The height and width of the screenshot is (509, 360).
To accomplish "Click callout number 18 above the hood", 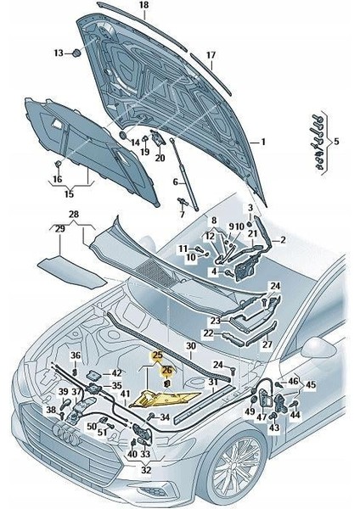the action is pyautogui.click(x=144, y=5).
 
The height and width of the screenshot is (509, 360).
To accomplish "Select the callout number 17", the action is pyautogui.click(x=211, y=55).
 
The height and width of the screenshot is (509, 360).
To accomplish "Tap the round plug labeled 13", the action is pyautogui.click(x=76, y=53).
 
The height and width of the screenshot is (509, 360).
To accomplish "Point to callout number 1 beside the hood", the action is pyautogui.click(x=263, y=142).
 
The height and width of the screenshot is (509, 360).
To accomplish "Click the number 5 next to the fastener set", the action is pyautogui.click(x=336, y=141).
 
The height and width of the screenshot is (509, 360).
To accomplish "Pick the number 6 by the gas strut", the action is pyautogui.click(x=176, y=182).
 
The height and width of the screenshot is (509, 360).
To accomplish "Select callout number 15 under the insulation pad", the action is pyautogui.click(x=70, y=194).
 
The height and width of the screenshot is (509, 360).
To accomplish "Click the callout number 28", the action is pyautogui.click(x=74, y=215).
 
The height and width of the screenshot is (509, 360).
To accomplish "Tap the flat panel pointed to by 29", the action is pyautogui.click(x=72, y=272).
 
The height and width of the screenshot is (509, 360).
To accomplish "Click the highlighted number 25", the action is pyautogui.click(x=158, y=355).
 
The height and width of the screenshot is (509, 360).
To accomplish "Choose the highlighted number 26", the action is pyautogui.click(x=166, y=370).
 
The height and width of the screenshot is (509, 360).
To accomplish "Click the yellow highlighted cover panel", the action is pyautogui.click(x=165, y=400).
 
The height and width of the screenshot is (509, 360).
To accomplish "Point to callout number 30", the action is pyautogui.click(x=191, y=346).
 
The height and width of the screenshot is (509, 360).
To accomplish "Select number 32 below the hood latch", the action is pyautogui.click(x=146, y=469).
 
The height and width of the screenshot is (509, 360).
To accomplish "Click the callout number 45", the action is pyautogui.click(x=311, y=384).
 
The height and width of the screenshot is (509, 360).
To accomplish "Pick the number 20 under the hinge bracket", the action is pyautogui.click(x=160, y=158).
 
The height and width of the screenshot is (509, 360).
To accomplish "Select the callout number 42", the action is pyautogui.click(x=116, y=373).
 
